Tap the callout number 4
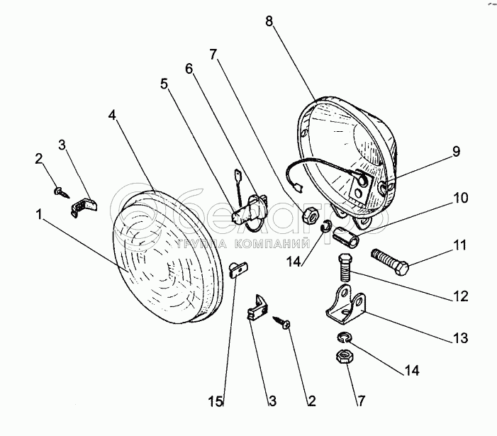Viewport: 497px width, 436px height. tap(111, 115)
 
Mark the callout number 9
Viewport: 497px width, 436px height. tap(457, 151)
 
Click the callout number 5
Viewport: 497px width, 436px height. tap(164, 83)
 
